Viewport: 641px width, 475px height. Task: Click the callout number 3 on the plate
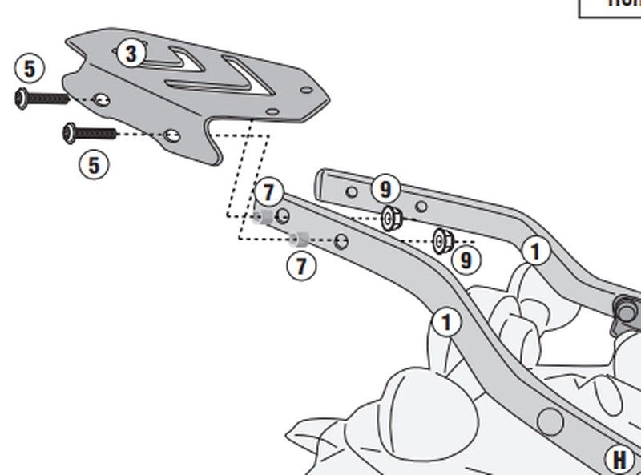tap(131, 54)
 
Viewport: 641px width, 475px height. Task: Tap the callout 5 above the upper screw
tap(30, 69)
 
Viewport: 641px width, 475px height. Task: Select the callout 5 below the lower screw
tap(95, 165)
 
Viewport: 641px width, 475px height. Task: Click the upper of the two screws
tap(42, 99)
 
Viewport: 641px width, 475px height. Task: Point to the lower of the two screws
tap(89, 131)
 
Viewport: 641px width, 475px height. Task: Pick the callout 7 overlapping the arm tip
tap(268, 192)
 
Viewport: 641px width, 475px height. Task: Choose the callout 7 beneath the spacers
tap(301, 266)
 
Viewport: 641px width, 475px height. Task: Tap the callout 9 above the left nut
tap(385, 189)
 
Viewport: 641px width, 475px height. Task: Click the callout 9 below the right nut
tap(466, 260)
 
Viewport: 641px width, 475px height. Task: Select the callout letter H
tap(619, 460)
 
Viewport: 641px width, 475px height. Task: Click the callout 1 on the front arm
tap(446, 323)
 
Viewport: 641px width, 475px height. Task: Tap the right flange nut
tap(443, 240)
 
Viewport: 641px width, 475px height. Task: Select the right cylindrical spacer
tap(300, 239)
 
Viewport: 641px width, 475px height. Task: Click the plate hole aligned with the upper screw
tap(101, 100)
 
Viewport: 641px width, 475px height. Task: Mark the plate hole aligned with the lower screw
tap(171, 135)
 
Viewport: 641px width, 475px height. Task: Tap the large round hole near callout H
tap(550, 418)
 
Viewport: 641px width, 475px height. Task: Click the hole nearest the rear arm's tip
tap(351, 191)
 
